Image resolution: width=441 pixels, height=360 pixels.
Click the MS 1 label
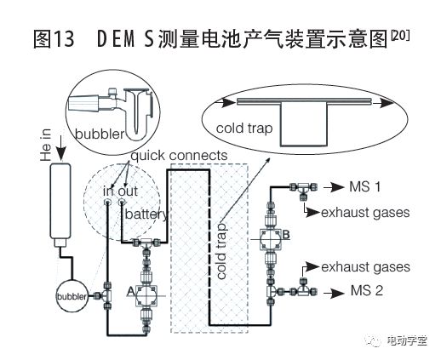tap(364, 186)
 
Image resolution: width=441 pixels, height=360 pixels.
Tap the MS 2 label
tap(367, 290)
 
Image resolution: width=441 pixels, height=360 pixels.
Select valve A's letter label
tap(130, 291)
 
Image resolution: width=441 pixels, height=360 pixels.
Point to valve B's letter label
tap(286, 235)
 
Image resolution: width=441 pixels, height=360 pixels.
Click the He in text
tap(46, 145)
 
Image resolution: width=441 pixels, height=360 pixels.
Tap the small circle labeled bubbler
tap(72, 296)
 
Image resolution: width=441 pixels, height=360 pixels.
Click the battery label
tap(146, 214)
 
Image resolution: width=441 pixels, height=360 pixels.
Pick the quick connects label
tap(179, 156)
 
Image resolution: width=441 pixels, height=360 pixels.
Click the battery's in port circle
tap(108, 203)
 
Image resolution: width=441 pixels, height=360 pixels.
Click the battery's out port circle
tap(122, 203)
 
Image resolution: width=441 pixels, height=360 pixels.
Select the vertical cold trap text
tap(221, 251)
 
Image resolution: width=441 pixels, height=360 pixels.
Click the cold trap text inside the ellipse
tap(244, 129)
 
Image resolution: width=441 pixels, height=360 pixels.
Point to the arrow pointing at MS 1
tap(334, 187)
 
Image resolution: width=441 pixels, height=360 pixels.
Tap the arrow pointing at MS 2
tap(334, 293)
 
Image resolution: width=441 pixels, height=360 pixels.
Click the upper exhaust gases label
tap(365, 213)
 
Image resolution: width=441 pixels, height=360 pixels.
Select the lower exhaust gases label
tap(365, 267)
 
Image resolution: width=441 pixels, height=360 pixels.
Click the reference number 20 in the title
tap(400, 36)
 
